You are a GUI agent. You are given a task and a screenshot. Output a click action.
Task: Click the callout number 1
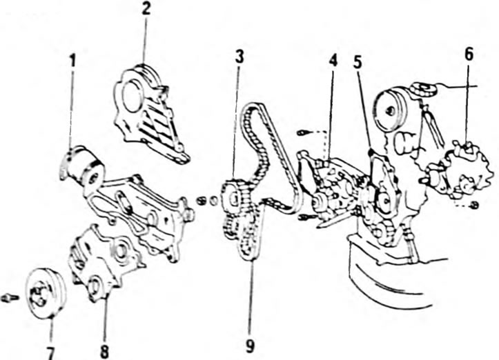[73, 61]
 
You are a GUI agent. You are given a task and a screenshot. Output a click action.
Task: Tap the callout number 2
[146, 9]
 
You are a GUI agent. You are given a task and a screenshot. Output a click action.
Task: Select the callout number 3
[239, 57]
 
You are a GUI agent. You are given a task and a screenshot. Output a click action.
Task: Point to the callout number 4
[333, 61]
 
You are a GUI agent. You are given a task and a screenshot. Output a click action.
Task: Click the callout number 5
[358, 63]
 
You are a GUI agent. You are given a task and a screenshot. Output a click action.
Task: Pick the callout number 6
[469, 54]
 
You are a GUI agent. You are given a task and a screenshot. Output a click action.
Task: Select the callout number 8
[104, 352]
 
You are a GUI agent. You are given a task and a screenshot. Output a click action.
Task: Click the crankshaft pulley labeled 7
[45, 292]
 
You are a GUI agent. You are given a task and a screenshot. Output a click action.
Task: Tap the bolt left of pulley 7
[10, 298]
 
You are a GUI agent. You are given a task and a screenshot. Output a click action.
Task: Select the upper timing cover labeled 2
[150, 114]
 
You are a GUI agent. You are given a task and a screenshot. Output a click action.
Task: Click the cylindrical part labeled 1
[84, 167]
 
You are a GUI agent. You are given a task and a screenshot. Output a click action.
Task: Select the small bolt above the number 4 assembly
[302, 132]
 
